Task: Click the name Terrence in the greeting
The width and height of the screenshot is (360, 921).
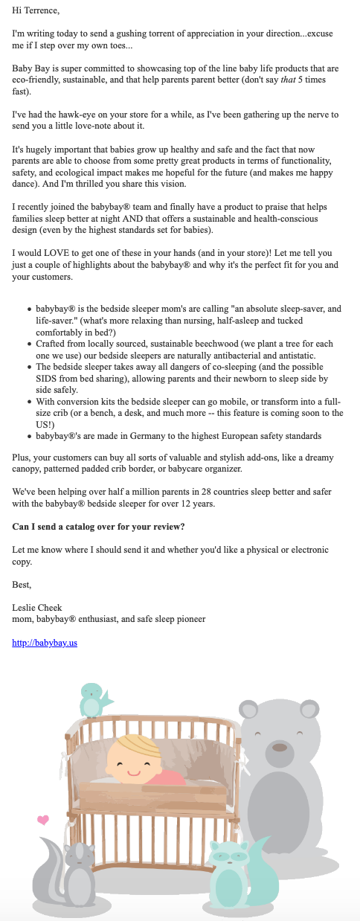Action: click(40, 11)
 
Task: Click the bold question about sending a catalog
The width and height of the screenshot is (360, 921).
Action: click(99, 527)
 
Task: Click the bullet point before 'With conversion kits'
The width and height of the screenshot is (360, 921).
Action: click(28, 401)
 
